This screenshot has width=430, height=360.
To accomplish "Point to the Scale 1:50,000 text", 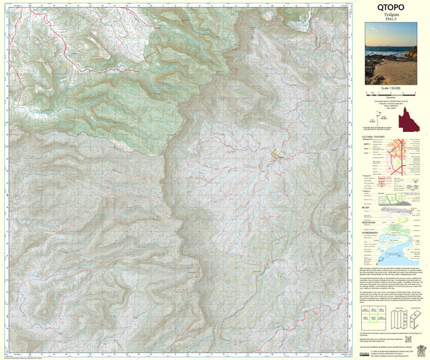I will point(391,90).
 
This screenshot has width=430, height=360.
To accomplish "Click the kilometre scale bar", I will point(391,95).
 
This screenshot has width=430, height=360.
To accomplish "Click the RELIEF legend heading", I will point(369,203).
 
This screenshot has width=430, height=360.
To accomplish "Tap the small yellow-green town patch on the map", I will point(275,153).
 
